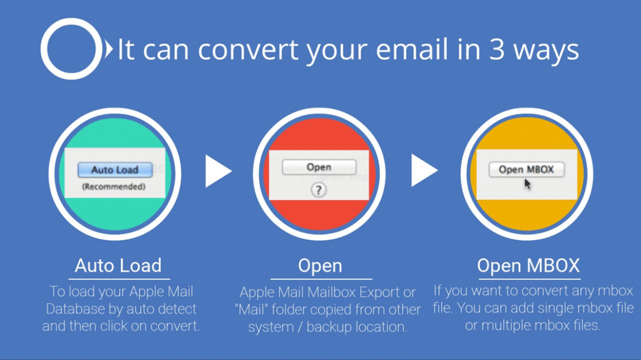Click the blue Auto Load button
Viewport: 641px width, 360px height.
115,170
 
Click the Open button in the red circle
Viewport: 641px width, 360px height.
319,167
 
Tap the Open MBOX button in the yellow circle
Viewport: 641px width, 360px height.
526,169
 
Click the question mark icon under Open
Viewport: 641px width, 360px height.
319,190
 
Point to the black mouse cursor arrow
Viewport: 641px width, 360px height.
528,184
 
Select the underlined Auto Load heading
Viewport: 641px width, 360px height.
118,265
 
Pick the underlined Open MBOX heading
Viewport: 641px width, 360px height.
528,265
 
